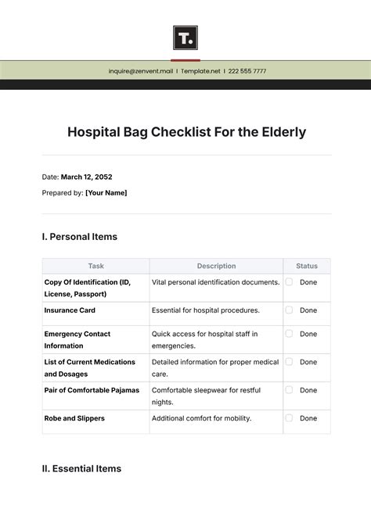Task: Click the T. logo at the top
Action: pyautogui.click(x=185, y=38)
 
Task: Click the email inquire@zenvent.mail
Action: pyautogui.click(x=140, y=71)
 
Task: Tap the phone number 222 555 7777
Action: pyautogui.click(x=247, y=71)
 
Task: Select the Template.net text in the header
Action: pyautogui.click(x=201, y=71)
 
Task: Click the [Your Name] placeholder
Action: pyautogui.click(x=106, y=192)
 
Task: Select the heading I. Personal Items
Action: pyautogui.click(x=79, y=236)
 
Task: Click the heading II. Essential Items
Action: pyautogui.click(x=81, y=468)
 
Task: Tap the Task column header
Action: pyautogui.click(x=95, y=266)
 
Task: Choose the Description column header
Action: pyautogui.click(x=216, y=266)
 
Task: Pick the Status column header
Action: pyautogui.click(x=307, y=266)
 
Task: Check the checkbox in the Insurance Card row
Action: pyautogui.click(x=289, y=310)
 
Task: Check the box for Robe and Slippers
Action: pyautogui.click(x=289, y=418)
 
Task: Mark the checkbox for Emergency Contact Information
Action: pyautogui.click(x=289, y=334)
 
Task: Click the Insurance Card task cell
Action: pyautogui.click(x=70, y=310)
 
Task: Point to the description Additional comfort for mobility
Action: pyautogui.click(x=201, y=418)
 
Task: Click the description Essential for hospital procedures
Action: pyautogui.click(x=205, y=310)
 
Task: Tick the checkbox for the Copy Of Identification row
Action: pyautogui.click(x=289, y=282)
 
